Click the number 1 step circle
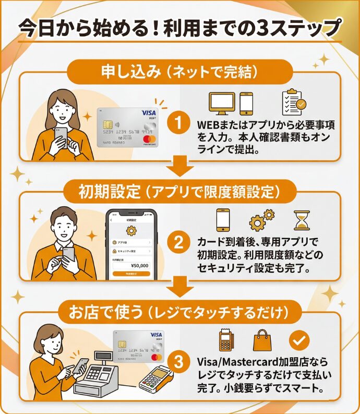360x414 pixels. pyautogui.click(x=179, y=124)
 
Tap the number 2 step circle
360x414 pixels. pyautogui.click(x=179, y=243)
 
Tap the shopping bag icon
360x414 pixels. pyautogui.click(x=262, y=340)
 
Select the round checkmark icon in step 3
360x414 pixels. pyautogui.click(x=299, y=340)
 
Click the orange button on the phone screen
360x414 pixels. pyautogui.click(x=131, y=274)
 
